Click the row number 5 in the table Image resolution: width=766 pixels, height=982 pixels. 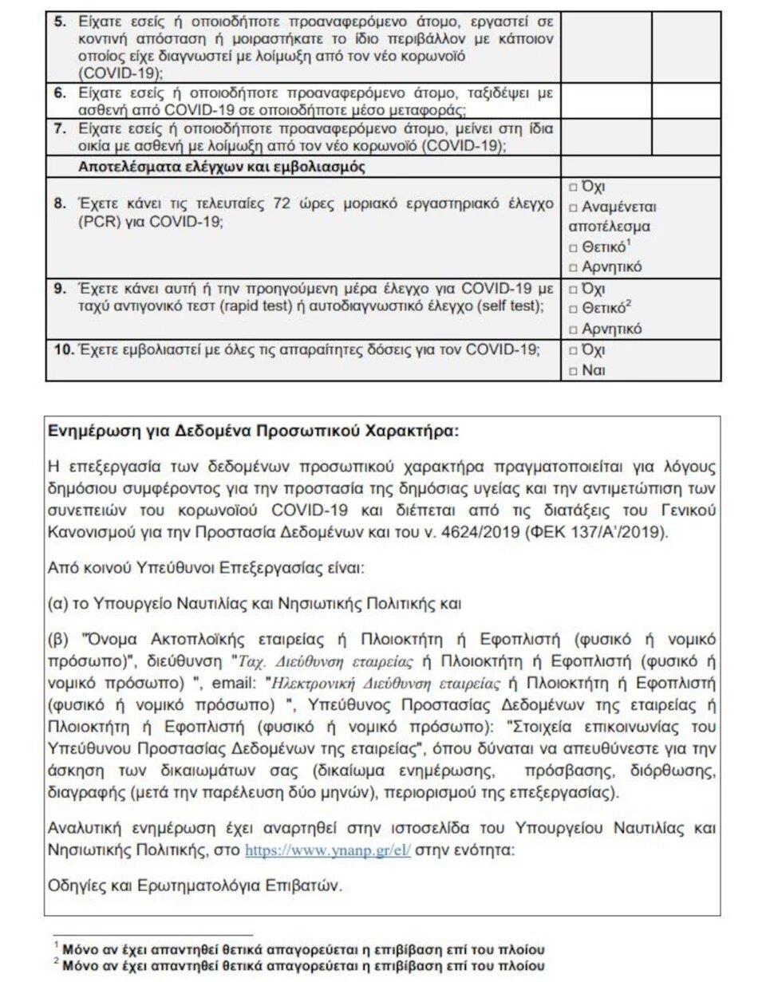pos(60,21)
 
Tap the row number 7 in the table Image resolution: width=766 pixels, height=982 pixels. pos(60,128)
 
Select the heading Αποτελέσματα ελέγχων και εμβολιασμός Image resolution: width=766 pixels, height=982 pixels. pos(222,167)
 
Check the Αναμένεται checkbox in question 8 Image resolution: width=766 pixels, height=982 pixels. pos(574,207)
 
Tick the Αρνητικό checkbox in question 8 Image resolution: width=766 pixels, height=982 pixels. pos(574,267)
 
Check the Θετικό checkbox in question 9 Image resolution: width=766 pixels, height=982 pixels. pos(574,309)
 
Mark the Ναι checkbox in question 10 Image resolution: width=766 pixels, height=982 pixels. pos(574,371)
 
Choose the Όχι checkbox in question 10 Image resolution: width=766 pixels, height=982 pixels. pos(574,350)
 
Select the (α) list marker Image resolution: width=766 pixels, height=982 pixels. pos(57,604)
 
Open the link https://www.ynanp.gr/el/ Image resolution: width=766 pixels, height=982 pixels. pos(327,850)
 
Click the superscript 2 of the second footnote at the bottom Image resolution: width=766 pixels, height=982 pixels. pos(57,962)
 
